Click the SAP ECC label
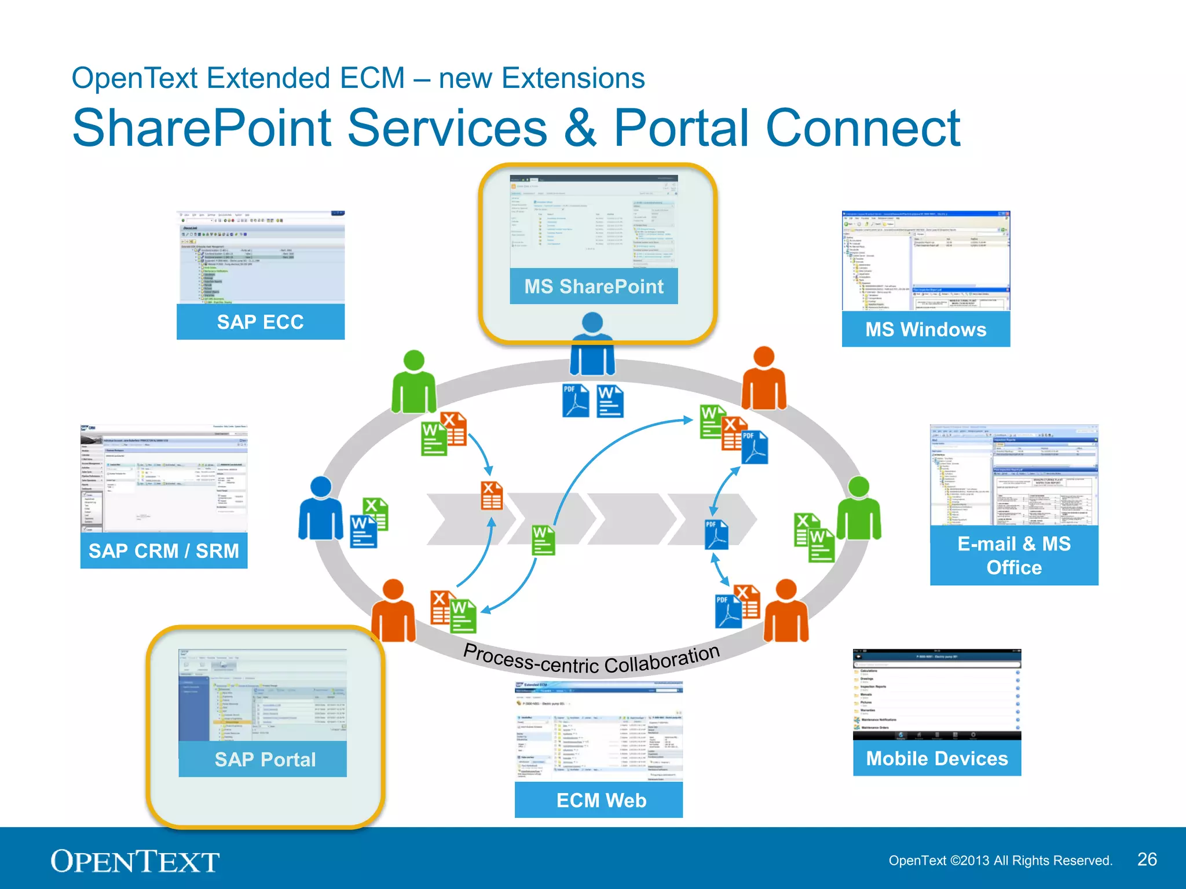[260, 322]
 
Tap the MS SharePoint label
[594, 286]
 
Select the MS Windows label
[925, 329]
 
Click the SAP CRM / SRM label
[163, 550]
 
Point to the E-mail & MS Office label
[1013, 555]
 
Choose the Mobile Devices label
[936, 758]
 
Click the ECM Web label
[601, 800]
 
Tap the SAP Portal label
[265, 759]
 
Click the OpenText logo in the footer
[135, 861]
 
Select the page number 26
[1147, 859]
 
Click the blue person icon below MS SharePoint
[592, 345]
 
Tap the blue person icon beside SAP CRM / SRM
[320, 509]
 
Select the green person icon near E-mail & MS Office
[859, 509]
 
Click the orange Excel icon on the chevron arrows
[492, 495]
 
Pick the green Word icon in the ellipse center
[543, 539]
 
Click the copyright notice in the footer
[1000, 861]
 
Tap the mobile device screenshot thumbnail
[936, 695]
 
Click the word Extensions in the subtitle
[573, 78]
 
